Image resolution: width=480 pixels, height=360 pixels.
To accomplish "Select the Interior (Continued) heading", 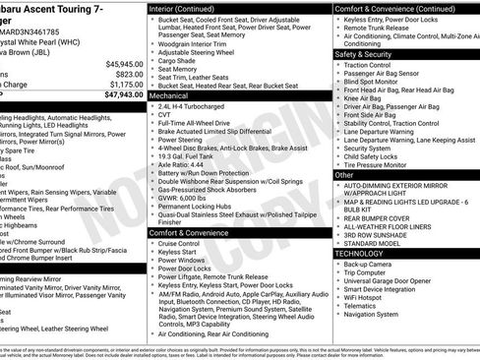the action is coord(189,8).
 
